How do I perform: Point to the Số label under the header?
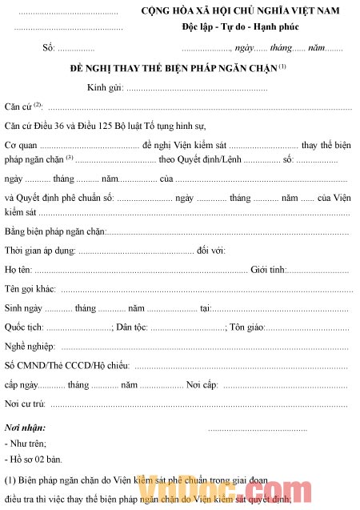pos(49,49)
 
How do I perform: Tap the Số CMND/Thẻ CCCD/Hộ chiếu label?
pos(67,366)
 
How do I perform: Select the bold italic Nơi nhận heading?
pos(26,428)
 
